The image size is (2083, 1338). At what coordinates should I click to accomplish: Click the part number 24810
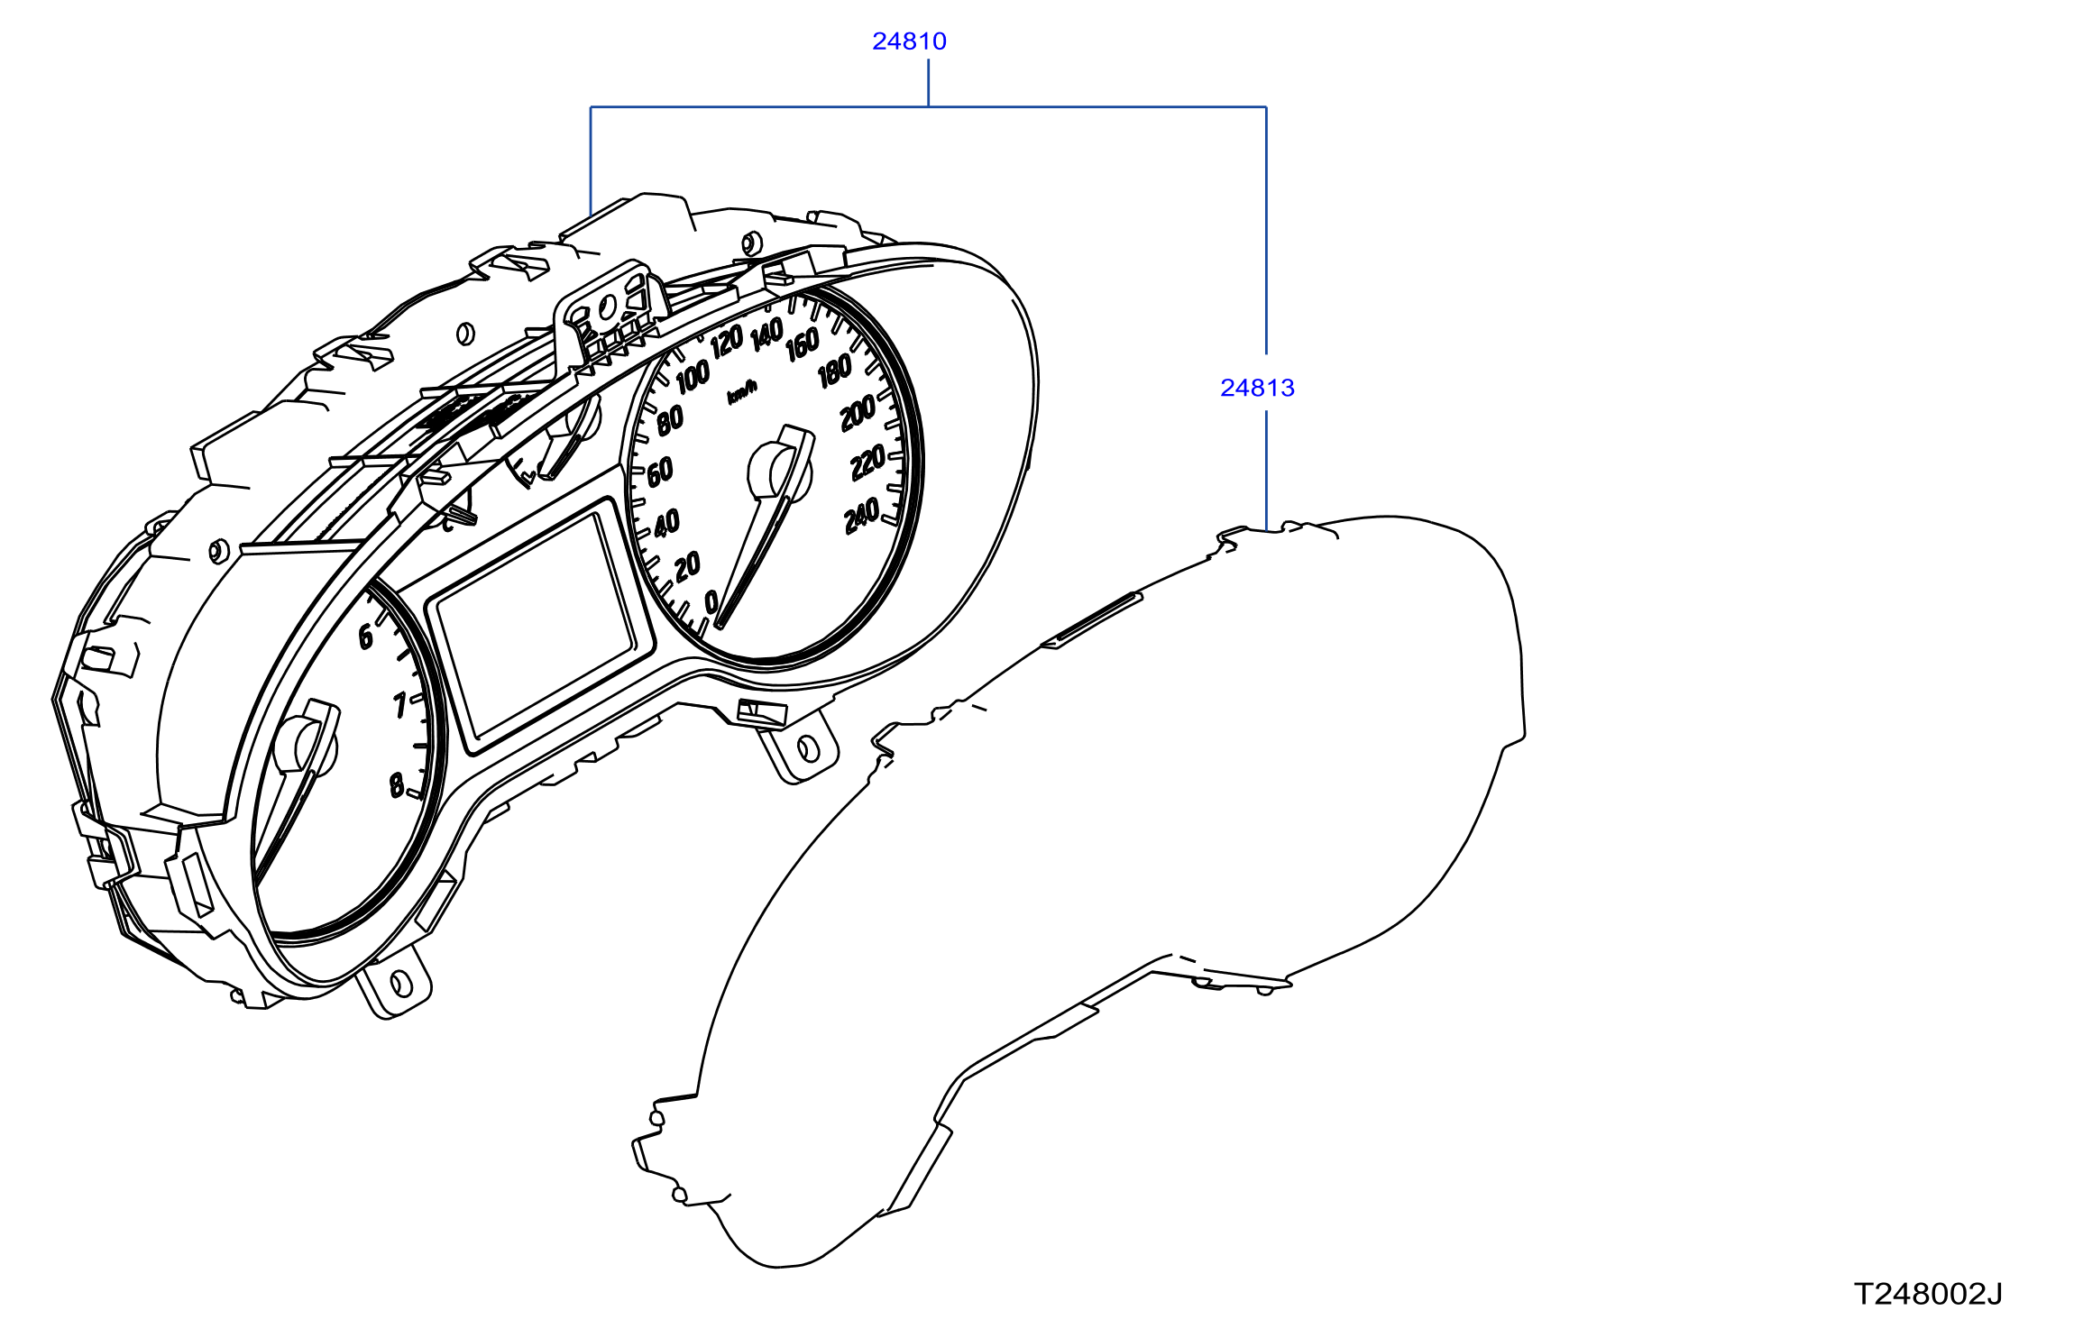tap(909, 41)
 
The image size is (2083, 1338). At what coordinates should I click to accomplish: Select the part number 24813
tap(1257, 388)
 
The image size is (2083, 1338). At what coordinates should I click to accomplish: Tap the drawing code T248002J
tap(1928, 1294)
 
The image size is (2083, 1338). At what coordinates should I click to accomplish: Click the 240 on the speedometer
tap(862, 517)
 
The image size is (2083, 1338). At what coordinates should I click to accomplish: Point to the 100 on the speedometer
tap(693, 377)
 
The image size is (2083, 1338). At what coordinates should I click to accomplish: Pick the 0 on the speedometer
tap(711, 601)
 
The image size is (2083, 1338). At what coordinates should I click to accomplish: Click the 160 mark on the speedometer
tap(802, 344)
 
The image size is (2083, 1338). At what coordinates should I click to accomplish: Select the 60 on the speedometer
tap(660, 472)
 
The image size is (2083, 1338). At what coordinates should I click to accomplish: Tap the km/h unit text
tap(742, 393)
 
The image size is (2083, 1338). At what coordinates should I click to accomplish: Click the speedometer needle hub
tap(779, 471)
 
